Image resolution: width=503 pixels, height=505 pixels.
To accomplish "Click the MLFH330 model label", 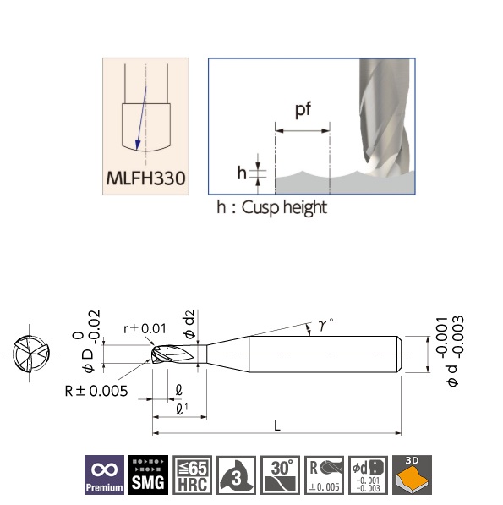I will tap(146, 179).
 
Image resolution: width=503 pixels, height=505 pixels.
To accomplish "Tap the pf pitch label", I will tap(302, 111).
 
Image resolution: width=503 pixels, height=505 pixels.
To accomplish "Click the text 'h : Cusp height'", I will tap(272, 207).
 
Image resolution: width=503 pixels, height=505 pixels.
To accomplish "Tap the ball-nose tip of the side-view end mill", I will tap(156, 356).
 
